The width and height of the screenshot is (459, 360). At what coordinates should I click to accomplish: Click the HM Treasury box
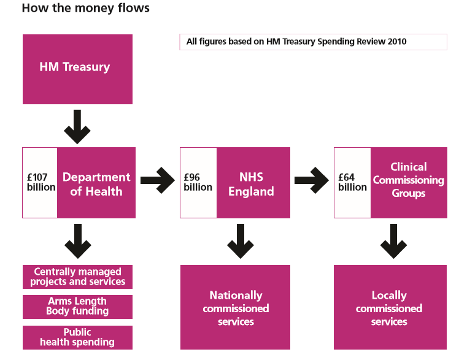(77, 69)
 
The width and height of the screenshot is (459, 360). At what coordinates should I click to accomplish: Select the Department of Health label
(96, 184)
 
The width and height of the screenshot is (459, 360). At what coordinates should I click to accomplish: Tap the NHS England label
(251, 184)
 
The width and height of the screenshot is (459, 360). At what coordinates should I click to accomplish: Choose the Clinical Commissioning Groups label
(408, 180)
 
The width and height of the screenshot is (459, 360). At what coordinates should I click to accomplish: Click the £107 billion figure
(40, 183)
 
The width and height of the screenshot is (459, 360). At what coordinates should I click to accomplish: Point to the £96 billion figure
(198, 183)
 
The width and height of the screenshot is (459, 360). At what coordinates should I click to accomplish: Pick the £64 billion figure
(352, 183)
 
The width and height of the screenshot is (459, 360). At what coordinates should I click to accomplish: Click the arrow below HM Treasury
(77, 126)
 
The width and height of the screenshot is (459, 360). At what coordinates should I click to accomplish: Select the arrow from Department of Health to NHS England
(157, 180)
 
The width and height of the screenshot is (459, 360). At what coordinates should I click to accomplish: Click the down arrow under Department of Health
(77, 241)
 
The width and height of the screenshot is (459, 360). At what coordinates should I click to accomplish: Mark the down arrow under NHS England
(241, 241)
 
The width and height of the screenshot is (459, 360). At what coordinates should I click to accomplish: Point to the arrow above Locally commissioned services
(393, 241)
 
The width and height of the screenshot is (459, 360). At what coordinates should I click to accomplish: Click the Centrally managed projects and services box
(77, 277)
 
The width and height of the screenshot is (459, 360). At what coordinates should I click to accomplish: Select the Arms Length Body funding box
(77, 306)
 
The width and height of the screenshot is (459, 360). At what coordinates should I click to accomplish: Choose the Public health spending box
(77, 337)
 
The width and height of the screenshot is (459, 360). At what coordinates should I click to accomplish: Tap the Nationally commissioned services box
(236, 308)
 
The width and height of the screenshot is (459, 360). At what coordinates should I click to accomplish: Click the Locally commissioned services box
(389, 308)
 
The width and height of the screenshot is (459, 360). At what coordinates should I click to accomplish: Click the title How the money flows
(85, 9)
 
